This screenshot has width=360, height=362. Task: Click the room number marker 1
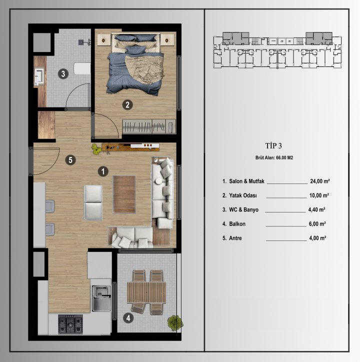point(102,171)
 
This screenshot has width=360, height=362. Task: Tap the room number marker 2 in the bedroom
point(128,105)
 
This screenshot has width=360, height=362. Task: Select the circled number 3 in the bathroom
point(62,74)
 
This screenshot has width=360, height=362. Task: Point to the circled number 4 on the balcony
point(128,317)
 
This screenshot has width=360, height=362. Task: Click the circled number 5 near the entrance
point(71,160)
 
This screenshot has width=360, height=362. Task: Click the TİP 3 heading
point(273,146)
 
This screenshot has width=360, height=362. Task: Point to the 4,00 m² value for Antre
point(317,238)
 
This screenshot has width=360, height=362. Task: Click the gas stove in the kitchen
point(70,324)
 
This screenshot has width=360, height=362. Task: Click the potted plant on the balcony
point(174,322)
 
